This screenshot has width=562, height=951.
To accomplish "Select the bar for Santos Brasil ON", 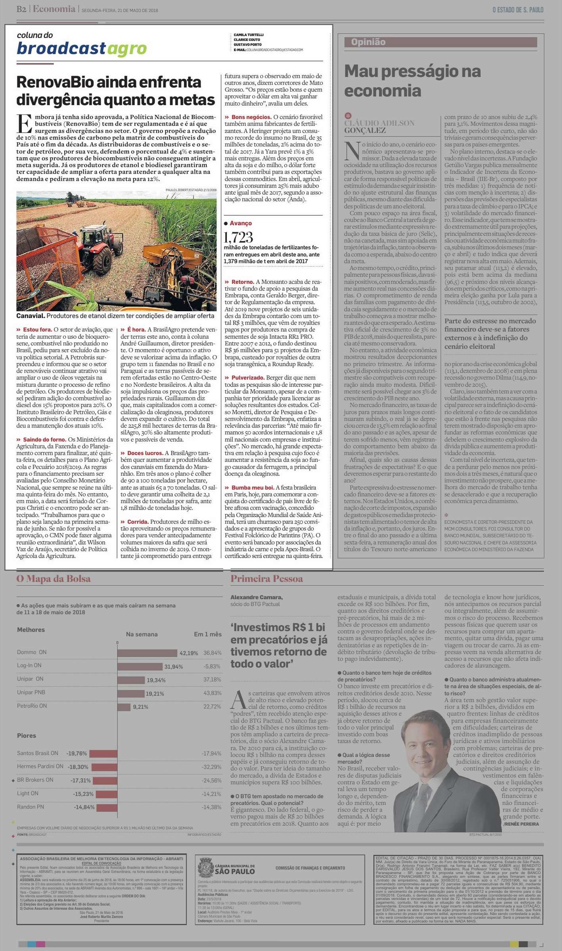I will (104, 753).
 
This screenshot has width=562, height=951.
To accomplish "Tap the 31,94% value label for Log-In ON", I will (174, 667).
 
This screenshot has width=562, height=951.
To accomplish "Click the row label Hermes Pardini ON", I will (40, 766).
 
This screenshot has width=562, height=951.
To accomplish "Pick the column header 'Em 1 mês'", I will (207, 634).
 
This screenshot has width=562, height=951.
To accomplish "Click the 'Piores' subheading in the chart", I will (27, 735).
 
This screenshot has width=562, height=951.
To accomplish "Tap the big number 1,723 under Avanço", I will (238, 237).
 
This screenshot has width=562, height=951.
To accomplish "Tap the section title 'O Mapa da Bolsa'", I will (54, 579).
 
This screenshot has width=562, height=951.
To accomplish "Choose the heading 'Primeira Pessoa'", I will (267, 579).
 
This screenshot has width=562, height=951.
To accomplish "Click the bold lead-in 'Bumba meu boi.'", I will (253, 488).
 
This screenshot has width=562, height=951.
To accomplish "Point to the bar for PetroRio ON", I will (124, 707).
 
